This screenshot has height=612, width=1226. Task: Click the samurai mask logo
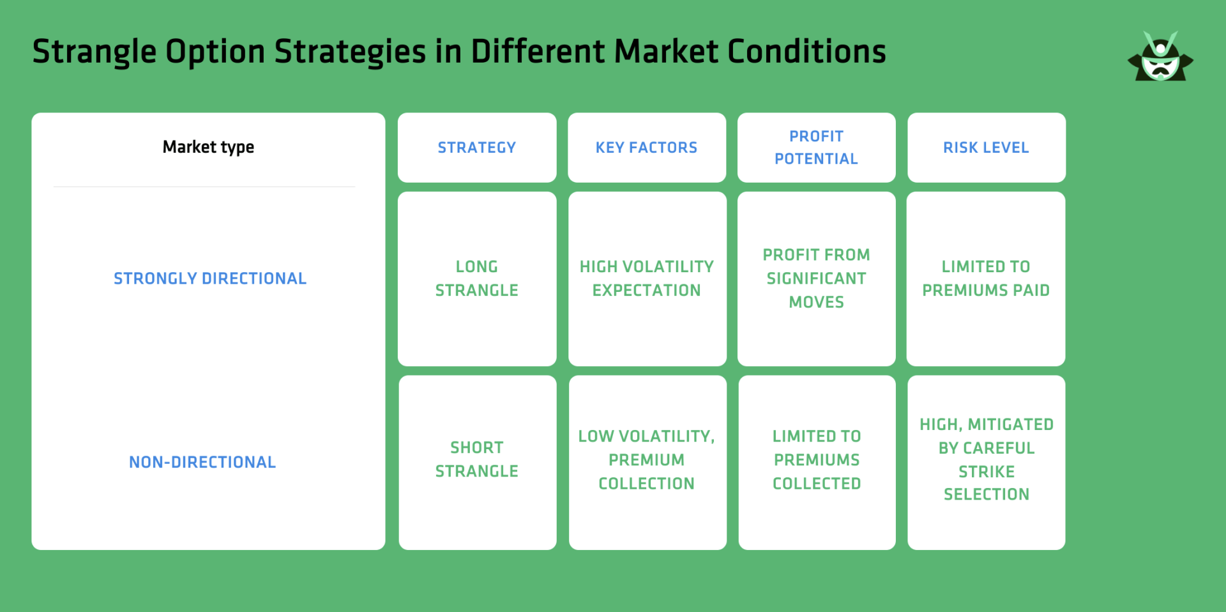(x=1160, y=57)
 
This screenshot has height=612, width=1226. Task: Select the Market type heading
(x=208, y=148)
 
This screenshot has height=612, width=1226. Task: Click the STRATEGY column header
(x=476, y=148)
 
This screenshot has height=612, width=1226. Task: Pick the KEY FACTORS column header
(x=646, y=148)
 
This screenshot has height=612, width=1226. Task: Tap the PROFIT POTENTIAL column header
(x=816, y=148)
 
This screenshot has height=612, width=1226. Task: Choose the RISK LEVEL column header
(x=986, y=148)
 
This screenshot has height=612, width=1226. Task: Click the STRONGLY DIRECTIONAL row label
(x=210, y=279)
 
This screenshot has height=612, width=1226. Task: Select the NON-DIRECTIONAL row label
(x=202, y=462)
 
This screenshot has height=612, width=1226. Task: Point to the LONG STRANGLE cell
(x=476, y=279)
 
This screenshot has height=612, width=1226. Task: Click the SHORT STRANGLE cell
(x=476, y=459)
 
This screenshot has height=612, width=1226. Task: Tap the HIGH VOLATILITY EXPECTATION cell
(x=646, y=279)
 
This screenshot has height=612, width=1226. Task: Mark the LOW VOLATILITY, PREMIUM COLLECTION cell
(x=646, y=460)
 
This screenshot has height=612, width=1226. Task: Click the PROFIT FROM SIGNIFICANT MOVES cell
(x=816, y=279)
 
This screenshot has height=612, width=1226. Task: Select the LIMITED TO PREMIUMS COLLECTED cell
(x=817, y=460)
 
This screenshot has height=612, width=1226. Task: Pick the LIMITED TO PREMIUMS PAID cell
(x=986, y=279)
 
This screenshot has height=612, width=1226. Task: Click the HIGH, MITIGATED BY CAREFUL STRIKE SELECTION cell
(x=987, y=459)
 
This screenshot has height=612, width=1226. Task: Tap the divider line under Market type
(x=204, y=187)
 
